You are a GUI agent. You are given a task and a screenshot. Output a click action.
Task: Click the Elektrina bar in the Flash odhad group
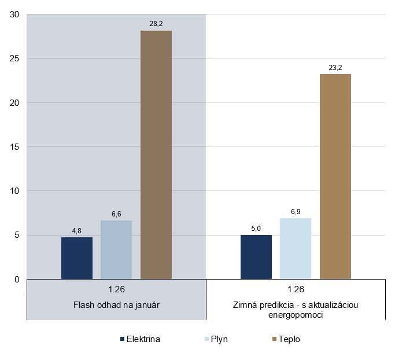click(77, 258)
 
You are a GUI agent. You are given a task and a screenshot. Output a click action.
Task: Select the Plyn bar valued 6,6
click(116, 250)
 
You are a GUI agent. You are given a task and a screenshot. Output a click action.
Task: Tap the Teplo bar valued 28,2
click(156, 155)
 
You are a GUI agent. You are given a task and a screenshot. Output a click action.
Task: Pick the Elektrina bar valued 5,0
click(256, 257)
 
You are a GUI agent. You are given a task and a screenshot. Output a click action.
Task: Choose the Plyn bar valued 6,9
click(296, 249)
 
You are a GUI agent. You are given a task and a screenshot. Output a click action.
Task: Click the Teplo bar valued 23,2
click(335, 177)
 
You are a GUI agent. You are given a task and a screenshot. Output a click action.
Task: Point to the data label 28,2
click(156, 24)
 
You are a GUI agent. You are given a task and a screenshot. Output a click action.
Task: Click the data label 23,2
click(335, 68)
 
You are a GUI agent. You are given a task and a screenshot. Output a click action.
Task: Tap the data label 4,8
click(77, 230)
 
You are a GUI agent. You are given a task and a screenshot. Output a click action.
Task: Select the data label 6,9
click(296, 212)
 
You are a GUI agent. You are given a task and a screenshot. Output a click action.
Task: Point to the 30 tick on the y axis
click(15, 14)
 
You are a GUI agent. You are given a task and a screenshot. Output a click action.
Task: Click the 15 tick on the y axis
click(15, 147)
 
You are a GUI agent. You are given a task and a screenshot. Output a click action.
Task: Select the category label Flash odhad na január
click(116, 305)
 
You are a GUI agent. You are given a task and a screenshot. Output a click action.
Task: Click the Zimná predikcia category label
click(296, 310)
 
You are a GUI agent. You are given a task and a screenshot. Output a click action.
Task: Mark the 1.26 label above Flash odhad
click(116, 289)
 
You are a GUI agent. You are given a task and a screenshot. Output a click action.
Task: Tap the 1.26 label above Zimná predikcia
click(296, 289)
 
